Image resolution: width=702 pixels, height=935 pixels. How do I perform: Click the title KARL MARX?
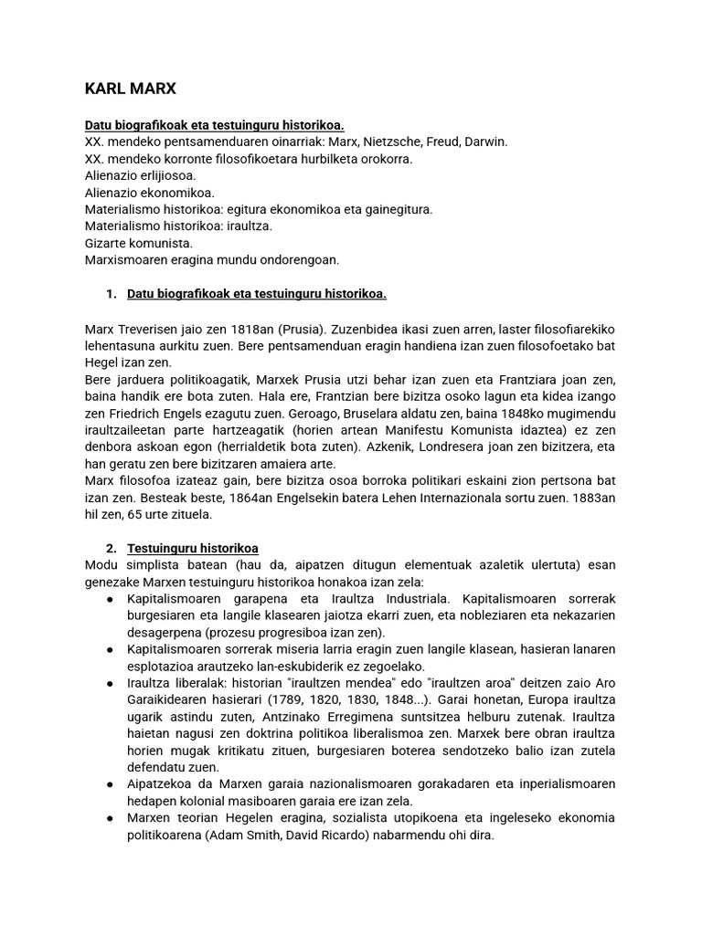point(130,89)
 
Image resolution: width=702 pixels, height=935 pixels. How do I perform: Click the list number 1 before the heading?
point(111,293)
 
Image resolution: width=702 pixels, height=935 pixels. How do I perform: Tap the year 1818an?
point(240,328)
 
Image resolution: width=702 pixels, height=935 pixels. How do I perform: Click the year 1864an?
point(239,498)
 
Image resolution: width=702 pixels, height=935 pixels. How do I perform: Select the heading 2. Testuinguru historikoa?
point(183,548)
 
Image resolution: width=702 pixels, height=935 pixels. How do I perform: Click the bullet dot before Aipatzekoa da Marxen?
point(111,783)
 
